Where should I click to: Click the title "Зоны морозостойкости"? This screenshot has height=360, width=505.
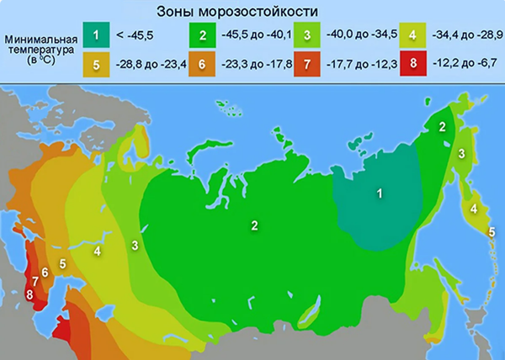click(x=238, y=12)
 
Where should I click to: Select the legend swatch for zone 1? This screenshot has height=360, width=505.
click(x=98, y=35)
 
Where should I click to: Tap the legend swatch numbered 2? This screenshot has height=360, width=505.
click(x=202, y=35)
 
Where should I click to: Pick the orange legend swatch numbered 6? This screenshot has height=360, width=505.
click(x=202, y=65)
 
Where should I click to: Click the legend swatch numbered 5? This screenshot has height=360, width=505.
click(x=98, y=65)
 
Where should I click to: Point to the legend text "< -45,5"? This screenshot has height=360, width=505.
click(x=136, y=35)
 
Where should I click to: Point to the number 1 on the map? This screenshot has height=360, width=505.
click(x=380, y=194)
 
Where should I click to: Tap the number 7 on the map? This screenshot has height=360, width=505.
click(x=35, y=281)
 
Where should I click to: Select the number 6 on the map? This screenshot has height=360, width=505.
click(x=45, y=273)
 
